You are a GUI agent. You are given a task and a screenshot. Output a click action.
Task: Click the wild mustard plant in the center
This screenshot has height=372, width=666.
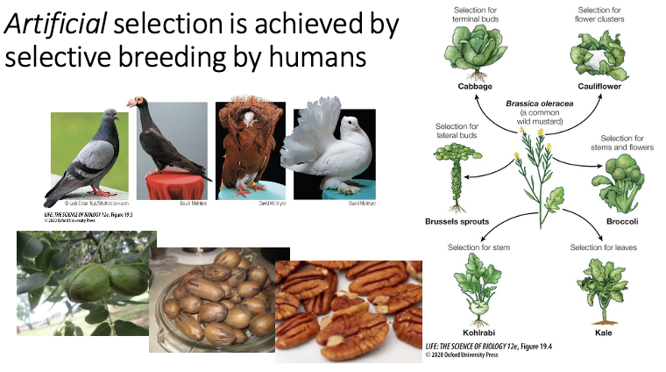pos(531,175)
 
